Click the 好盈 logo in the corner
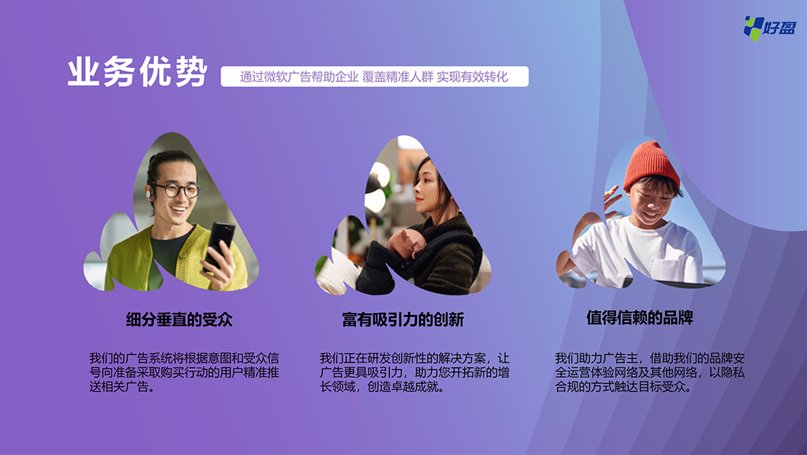770,28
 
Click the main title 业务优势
137,71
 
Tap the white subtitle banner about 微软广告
375,77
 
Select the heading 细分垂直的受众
179,320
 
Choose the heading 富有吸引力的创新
403,320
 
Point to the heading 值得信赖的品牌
640,318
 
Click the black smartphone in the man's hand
219,246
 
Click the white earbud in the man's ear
149,195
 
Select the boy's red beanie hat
652,165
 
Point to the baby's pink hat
406,242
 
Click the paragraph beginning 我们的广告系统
184,372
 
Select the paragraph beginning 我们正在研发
415,372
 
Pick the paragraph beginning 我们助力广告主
650,372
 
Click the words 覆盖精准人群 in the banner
397,77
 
